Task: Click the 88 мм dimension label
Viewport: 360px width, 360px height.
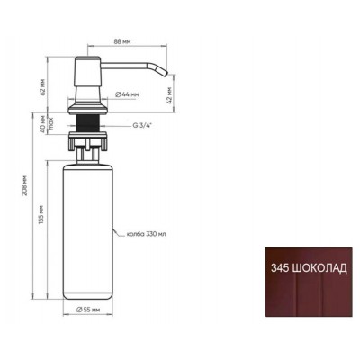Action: point(122,41)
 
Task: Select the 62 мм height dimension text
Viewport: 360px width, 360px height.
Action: point(43,87)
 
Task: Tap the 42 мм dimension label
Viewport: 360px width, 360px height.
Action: point(169,95)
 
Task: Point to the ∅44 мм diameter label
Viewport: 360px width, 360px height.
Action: point(127,94)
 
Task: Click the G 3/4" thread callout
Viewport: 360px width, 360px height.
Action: point(142,126)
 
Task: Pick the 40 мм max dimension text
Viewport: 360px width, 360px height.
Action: point(47,124)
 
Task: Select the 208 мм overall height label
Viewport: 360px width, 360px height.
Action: point(24,185)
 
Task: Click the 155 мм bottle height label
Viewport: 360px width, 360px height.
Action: point(41,215)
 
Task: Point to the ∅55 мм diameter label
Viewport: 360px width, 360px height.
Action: point(88,310)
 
